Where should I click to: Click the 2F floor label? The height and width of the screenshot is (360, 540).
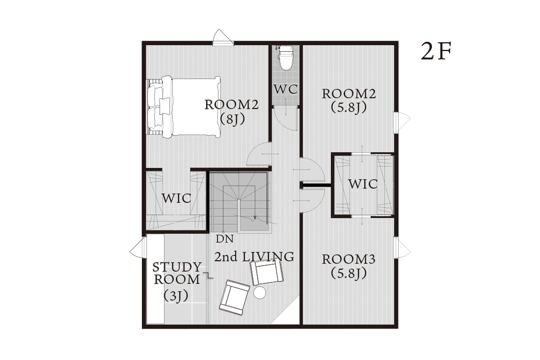(x=436, y=52)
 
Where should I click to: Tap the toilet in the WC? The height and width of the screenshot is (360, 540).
(x=285, y=57)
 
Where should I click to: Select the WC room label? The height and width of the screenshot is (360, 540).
(x=286, y=89)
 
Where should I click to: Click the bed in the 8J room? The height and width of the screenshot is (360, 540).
(x=184, y=107)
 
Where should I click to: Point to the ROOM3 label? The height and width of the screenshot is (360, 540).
(x=349, y=259)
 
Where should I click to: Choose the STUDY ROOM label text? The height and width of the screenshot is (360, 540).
(x=177, y=273)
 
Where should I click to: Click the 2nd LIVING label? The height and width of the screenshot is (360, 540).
(x=254, y=257)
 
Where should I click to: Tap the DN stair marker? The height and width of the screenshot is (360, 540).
(x=224, y=239)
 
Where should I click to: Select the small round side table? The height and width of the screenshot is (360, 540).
(x=260, y=293)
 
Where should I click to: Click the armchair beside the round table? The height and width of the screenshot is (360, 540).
(x=235, y=297)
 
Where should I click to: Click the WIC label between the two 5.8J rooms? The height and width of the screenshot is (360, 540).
(x=363, y=184)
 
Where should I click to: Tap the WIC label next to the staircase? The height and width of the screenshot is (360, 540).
(x=176, y=198)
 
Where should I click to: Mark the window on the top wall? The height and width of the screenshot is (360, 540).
(x=223, y=38)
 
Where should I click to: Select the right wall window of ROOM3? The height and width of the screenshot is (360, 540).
(x=402, y=247)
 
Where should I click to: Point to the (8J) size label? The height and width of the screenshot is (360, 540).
(x=233, y=119)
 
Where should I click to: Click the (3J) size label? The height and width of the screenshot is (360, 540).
(x=176, y=296)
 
